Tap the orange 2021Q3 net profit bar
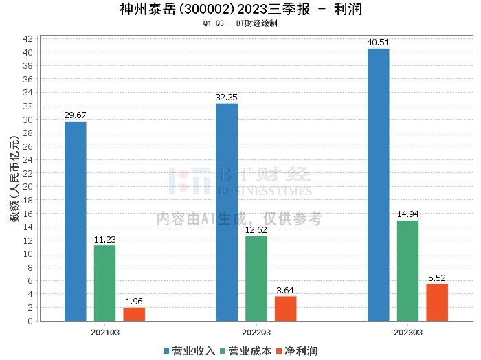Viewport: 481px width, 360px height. (x=134, y=314)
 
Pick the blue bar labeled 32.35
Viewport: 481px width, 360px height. (x=227, y=212)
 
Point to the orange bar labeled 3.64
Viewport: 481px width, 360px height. (x=286, y=308)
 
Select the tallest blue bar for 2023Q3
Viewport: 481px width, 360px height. (x=378, y=185)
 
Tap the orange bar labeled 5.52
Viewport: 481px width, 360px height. (x=437, y=302)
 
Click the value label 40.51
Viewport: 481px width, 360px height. (x=378, y=43)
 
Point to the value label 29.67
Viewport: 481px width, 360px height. (x=75, y=115)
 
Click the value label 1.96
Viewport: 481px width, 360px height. (x=134, y=302)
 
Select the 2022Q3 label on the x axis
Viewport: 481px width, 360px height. (x=256, y=332)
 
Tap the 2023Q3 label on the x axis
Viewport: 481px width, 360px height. (x=407, y=332)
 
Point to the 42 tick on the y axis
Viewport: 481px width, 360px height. (x=28, y=39)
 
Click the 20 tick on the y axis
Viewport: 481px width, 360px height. (x=28, y=187)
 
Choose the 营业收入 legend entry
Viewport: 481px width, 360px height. (x=189, y=351)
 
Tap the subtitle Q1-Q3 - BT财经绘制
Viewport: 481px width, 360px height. (x=240, y=23)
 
